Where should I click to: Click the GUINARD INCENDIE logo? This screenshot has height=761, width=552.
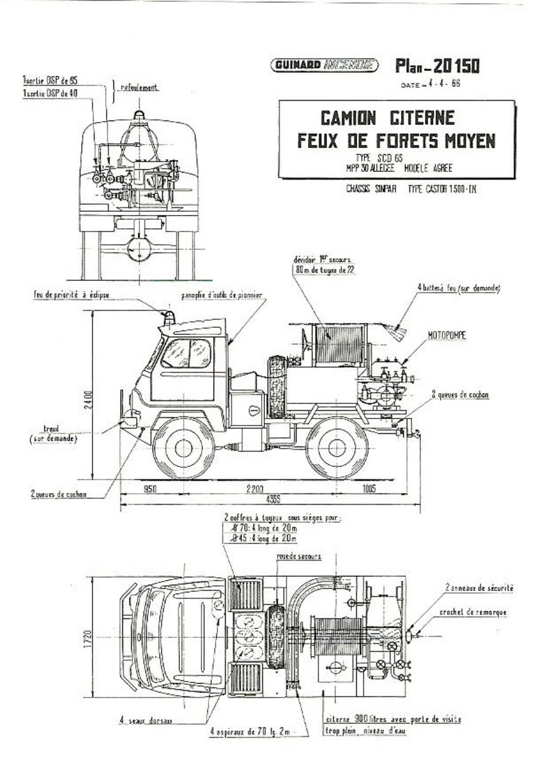pos(324,64)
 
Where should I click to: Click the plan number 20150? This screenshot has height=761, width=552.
pos(453,65)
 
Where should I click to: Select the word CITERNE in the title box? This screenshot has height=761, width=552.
pos(421,119)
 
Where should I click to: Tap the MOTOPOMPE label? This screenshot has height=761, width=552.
pos(449,337)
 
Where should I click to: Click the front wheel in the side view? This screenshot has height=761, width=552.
pos(184,448)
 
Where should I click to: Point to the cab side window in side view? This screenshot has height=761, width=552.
pos(186,353)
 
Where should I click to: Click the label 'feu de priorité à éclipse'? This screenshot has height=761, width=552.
pos(71,296)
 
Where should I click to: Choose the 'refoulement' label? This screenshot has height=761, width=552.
pos(138,87)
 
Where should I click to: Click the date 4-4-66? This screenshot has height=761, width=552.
pos(437,84)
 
